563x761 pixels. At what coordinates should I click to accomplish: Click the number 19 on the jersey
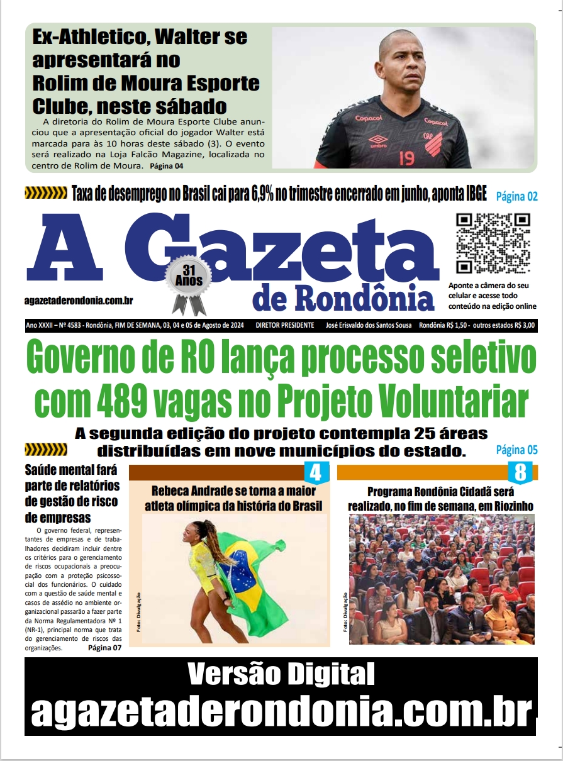pyautogui.click(x=407, y=157)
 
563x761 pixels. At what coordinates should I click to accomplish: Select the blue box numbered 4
pyautogui.click(x=316, y=472)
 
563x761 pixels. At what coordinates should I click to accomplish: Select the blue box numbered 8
pyautogui.click(x=520, y=472)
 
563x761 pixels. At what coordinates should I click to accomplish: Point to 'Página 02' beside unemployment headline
pyautogui.click(x=517, y=196)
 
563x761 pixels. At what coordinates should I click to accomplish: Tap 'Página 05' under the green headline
pyautogui.click(x=517, y=450)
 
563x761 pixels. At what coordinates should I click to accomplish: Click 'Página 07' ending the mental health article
pyautogui.click(x=104, y=648)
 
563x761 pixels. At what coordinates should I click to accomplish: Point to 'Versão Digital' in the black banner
pyautogui.click(x=281, y=675)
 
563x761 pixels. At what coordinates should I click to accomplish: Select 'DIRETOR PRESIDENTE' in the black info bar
pyautogui.click(x=285, y=325)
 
